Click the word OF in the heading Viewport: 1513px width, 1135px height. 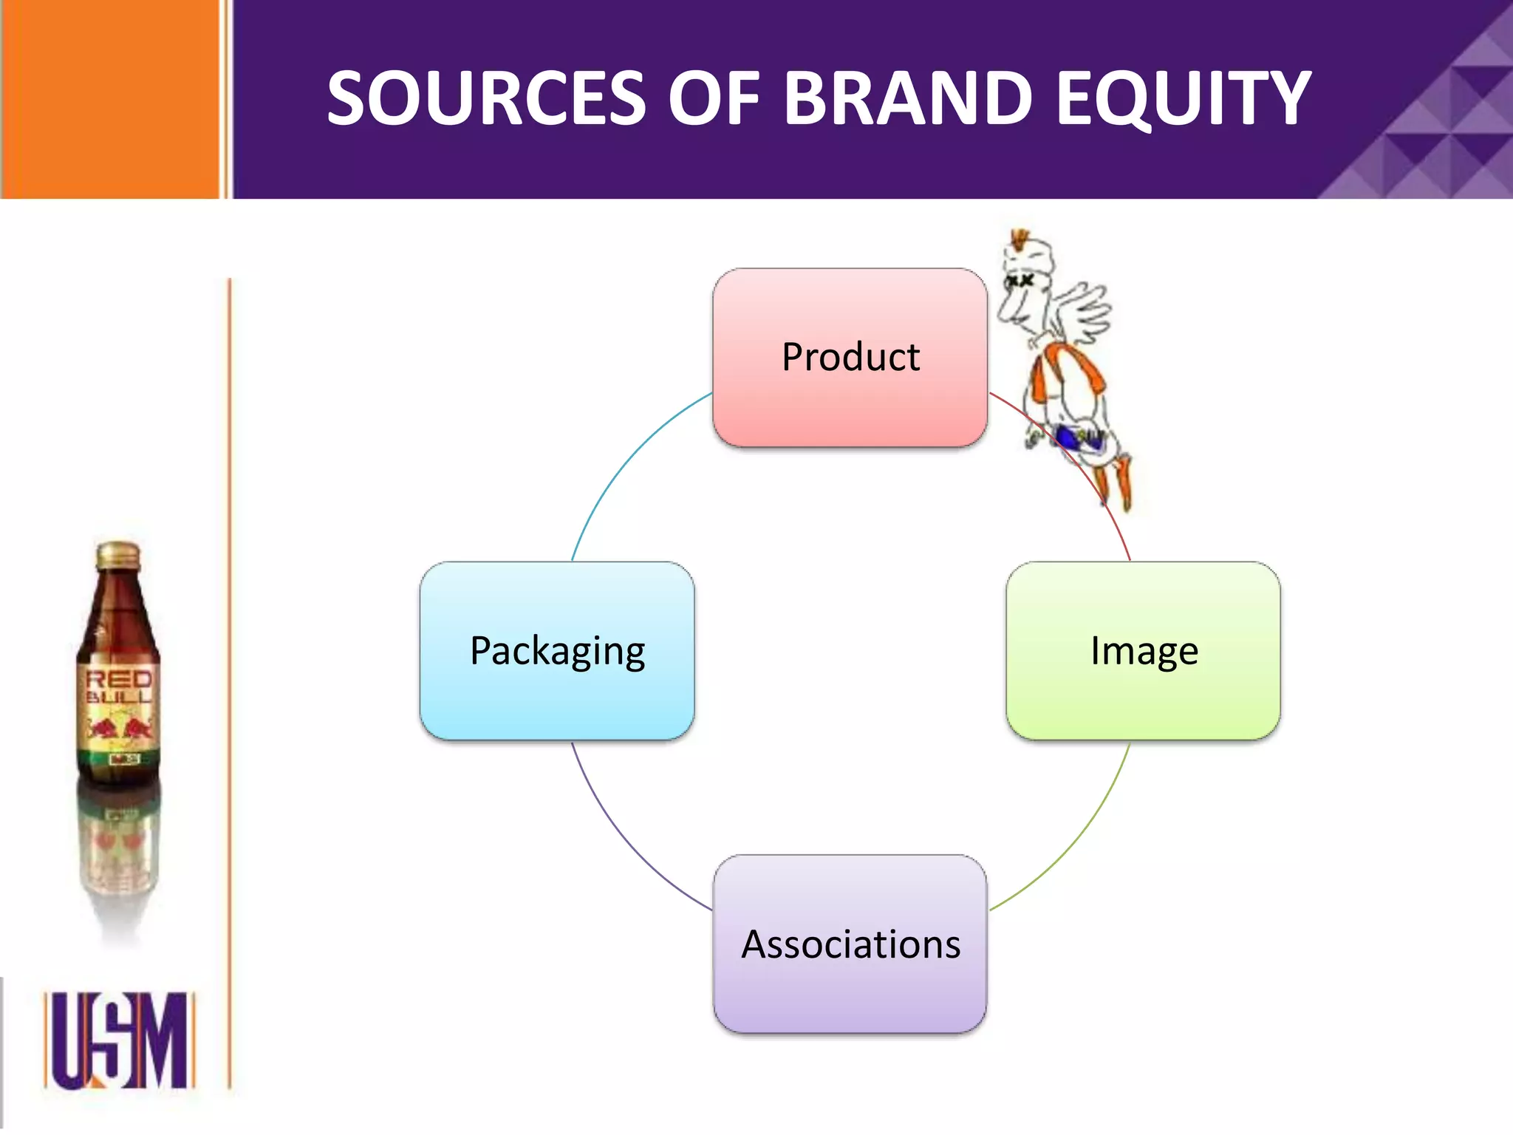tap(714, 98)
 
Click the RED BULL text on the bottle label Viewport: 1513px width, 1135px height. tap(119, 687)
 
